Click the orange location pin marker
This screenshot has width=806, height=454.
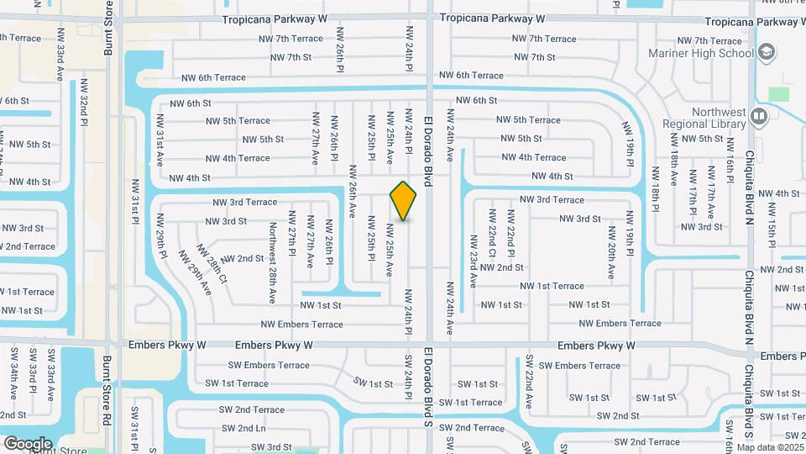pyautogui.click(x=404, y=200)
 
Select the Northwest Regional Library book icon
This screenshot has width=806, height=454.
pyautogui.click(x=759, y=115)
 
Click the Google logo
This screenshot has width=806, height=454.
pyautogui.click(x=27, y=443)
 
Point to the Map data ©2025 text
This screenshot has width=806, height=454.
pyautogui.click(x=770, y=446)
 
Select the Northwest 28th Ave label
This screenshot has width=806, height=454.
pyautogui.click(x=273, y=262)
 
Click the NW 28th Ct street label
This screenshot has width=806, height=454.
pyautogui.click(x=212, y=265)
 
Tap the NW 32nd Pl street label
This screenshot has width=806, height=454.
pyautogui.click(x=84, y=105)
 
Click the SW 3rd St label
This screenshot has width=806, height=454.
pyautogui.click(x=271, y=446)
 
